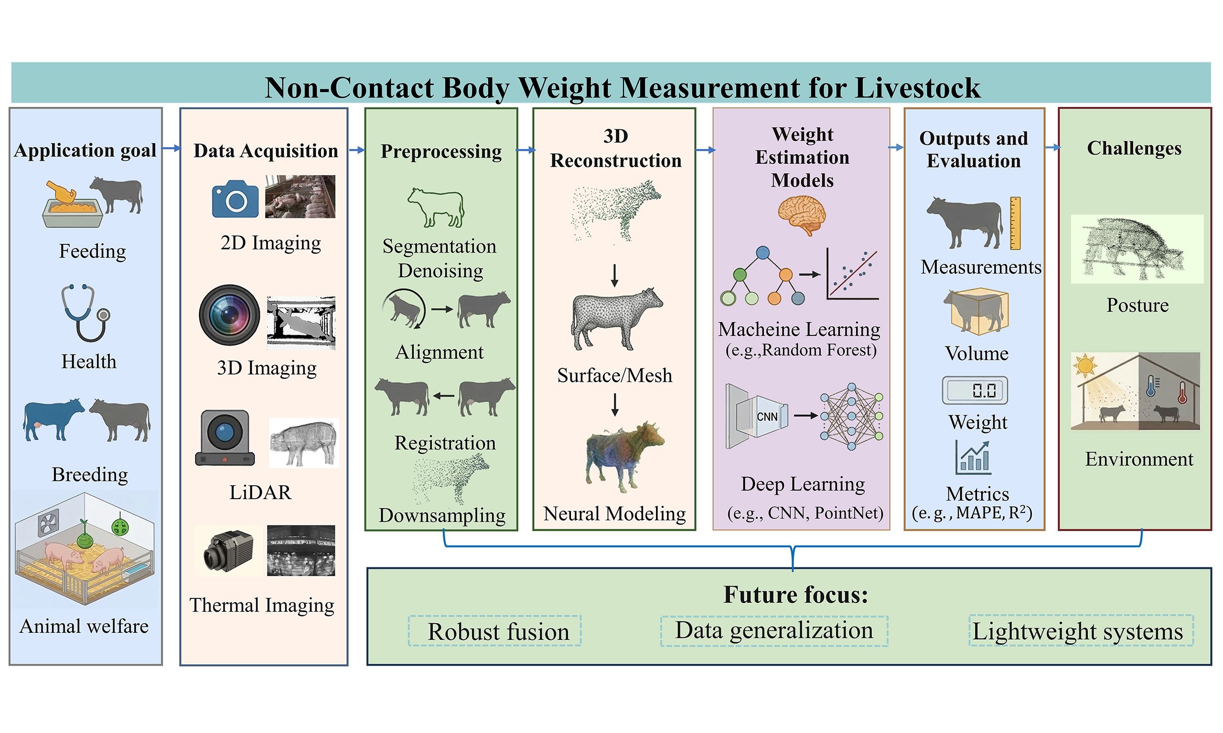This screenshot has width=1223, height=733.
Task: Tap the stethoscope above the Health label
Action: coord(85,313)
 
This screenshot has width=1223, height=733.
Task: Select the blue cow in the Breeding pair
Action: coord(53,419)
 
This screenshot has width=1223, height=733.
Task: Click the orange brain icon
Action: coord(801,215)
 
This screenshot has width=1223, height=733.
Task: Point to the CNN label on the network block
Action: coord(767,417)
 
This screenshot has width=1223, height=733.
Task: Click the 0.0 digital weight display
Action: coord(975,391)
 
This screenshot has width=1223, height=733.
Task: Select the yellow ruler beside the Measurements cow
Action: coord(1015,223)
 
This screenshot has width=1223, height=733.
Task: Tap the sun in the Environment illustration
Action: coord(1085,366)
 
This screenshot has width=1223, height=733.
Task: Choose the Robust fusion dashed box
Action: coord(494,631)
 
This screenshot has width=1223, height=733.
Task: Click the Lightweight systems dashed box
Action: coord(1081,631)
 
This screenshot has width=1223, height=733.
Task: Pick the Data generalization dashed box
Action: coord(774,631)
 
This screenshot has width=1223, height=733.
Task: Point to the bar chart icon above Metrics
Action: coord(972,457)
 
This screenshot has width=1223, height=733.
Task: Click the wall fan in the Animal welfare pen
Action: coord(49,523)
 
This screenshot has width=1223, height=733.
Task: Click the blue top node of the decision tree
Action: coord(763,253)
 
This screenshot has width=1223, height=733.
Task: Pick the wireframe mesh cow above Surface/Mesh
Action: coord(615,318)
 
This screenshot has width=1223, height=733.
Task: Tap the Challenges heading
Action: coord(1134,148)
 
